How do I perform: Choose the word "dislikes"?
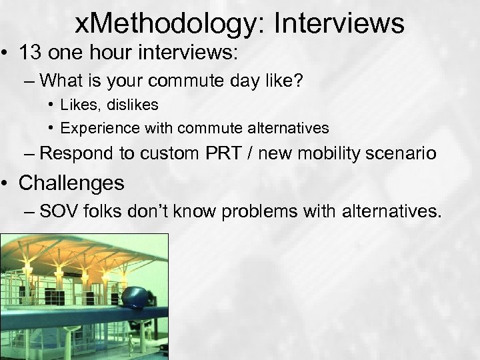click(x=135, y=105)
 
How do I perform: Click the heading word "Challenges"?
click(x=71, y=182)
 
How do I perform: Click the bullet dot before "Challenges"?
click(x=8, y=183)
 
